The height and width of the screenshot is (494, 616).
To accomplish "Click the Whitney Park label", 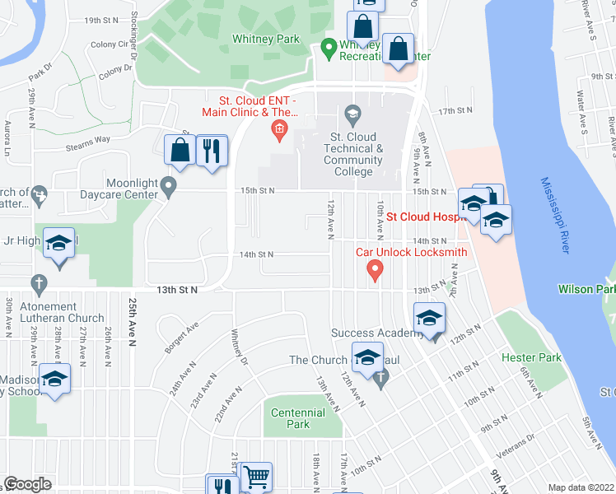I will point(266,39).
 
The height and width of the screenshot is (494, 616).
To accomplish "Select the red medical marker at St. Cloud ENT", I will point(279,128).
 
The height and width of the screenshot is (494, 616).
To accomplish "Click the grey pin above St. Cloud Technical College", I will point(353,112).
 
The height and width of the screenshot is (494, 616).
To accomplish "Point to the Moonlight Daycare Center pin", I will point(170,188).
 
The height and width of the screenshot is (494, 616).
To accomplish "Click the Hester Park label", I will point(532,357).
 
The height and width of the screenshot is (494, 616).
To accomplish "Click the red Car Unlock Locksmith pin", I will point(375,268).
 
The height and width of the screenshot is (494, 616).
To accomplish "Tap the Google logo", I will point(28,484).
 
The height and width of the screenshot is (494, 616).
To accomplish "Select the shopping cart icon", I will point(256,477).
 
